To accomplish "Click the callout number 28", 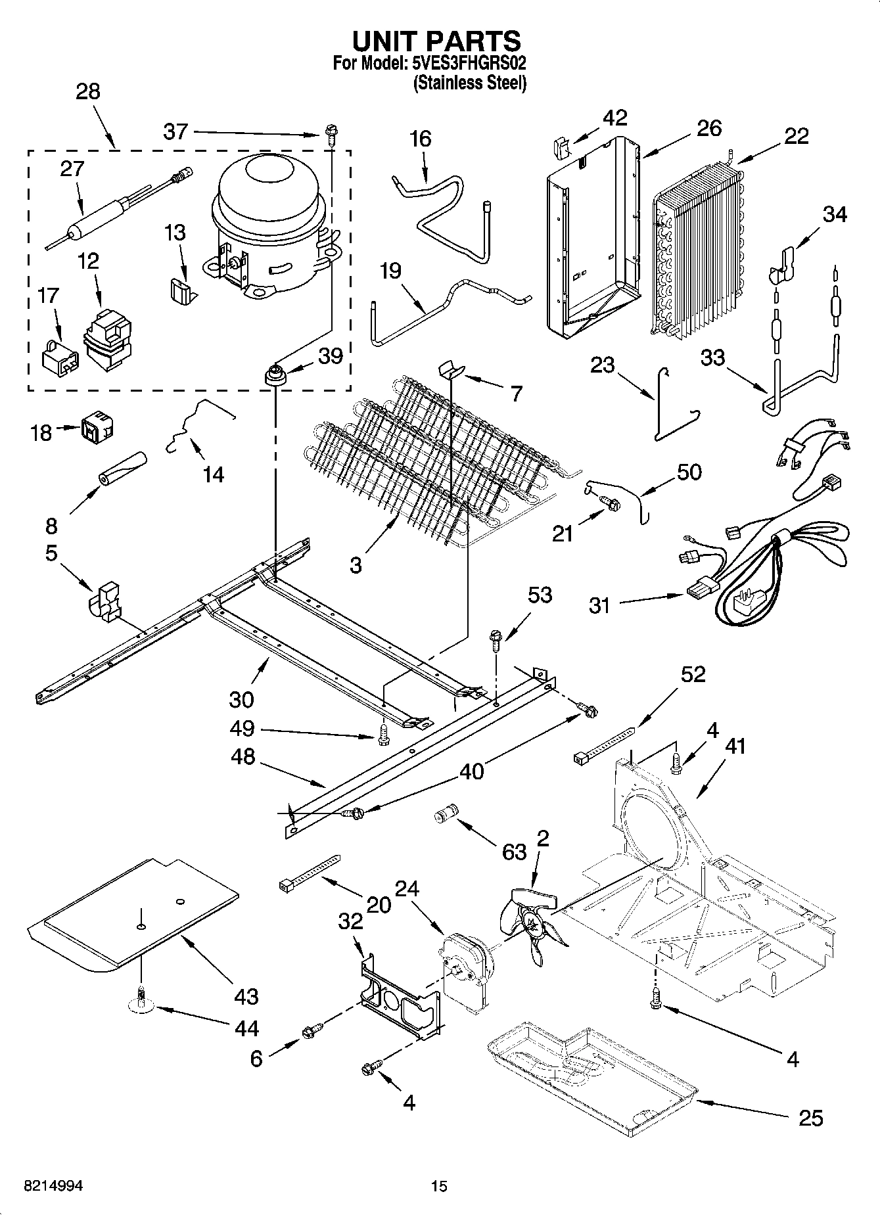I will (x=88, y=91).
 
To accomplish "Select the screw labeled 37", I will (x=330, y=135).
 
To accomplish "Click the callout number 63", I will (x=514, y=852).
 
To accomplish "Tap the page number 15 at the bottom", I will (x=439, y=1186).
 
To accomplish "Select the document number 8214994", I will (x=53, y=1186).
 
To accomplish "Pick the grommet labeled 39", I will (x=273, y=377).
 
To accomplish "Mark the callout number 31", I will (x=599, y=605).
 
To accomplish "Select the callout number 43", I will (x=246, y=996).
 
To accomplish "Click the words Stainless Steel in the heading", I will (x=469, y=83).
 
